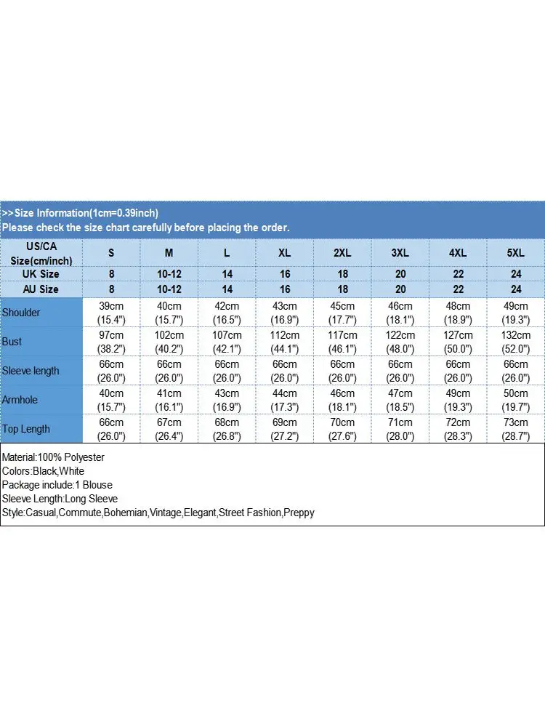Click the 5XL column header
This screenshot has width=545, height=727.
516,253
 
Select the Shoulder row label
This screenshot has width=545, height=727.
22,313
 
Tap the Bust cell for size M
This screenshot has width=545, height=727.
169,342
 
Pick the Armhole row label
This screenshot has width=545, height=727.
20,400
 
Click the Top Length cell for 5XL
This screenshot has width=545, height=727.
516,429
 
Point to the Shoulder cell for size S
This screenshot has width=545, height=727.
111,313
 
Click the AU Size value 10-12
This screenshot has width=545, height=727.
169,289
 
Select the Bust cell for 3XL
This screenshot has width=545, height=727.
400,342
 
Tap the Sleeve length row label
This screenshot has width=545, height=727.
31,371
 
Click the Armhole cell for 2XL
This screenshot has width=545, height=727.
342,400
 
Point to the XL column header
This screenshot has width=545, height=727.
285,253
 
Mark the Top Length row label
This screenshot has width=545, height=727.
26,429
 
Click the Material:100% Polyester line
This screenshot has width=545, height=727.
53,457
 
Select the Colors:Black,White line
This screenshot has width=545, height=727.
43,471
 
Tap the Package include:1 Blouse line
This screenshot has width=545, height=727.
57,485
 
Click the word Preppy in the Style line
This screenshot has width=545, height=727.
299,513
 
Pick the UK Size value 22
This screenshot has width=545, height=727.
458,274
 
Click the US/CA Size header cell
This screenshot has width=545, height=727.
41,253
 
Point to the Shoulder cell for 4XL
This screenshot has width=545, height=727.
458,313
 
